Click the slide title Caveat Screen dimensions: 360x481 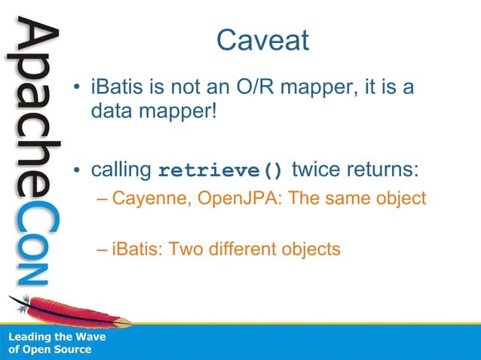tap(262, 40)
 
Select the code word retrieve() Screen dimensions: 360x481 tap(221, 169)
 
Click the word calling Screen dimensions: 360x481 tap(122, 169)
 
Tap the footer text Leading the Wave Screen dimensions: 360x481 tap(57, 337)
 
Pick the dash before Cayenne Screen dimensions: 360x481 tap(104, 200)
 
